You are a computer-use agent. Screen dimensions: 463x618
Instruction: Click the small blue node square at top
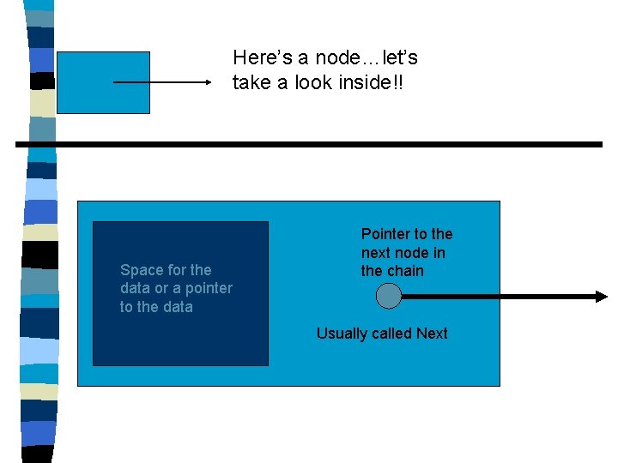[102, 83]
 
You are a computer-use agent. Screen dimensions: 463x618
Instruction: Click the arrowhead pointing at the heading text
[207, 83]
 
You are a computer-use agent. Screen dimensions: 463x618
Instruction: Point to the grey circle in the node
[389, 297]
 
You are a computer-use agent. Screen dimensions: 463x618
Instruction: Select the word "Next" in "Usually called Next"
[432, 334]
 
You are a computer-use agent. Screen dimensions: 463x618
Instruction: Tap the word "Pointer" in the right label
[385, 234]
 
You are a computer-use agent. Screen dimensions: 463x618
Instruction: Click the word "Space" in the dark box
[141, 270]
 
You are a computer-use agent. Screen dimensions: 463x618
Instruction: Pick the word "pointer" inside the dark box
[208, 288]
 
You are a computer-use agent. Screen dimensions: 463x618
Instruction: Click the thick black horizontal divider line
[309, 145]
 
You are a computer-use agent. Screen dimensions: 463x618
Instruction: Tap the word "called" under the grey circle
[392, 334]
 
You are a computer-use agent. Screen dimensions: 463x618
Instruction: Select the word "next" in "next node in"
[377, 253]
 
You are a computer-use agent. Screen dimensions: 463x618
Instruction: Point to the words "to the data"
[156, 307]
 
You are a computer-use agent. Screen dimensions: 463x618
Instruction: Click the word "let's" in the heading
[397, 58]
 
